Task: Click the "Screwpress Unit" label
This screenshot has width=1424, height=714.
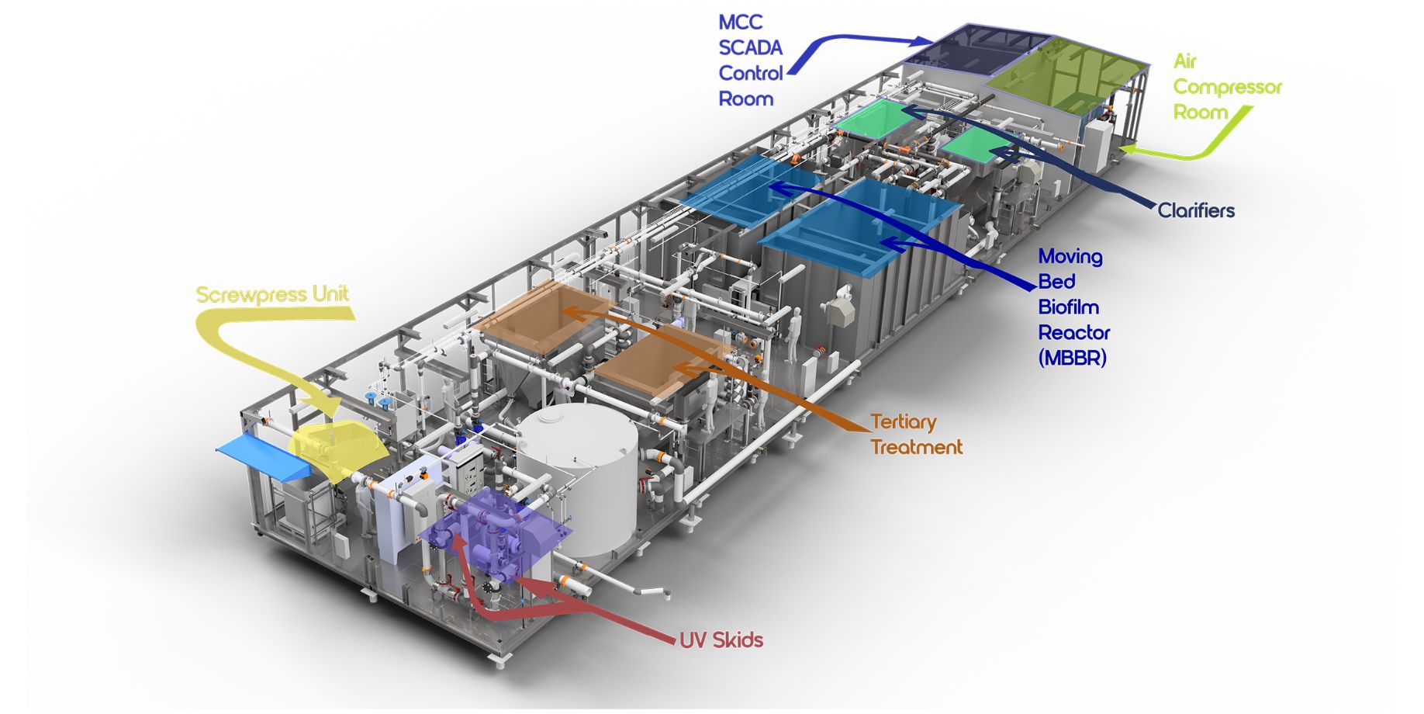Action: (x=272, y=295)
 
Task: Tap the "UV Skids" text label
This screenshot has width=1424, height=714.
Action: (x=721, y=640)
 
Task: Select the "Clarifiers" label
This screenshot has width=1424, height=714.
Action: (x=1196, y=210)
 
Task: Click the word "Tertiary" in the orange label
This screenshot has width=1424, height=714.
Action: (x=904, y=422)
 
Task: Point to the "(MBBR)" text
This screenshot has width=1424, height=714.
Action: (x=1073, y=358)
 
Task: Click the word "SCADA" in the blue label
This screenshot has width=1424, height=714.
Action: (x=750, y=48)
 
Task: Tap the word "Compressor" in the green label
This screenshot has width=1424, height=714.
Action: (x=1228, y=87)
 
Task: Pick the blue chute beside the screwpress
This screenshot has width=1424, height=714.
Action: (x=264, y=454)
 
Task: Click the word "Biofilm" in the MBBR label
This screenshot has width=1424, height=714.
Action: (x=1068, y=307)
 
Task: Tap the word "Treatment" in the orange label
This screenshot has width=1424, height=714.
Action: (x=916, y=447)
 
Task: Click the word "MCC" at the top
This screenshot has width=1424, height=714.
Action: (x=741, y=23)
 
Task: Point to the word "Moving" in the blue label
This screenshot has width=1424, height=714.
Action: (x=1070, y=256)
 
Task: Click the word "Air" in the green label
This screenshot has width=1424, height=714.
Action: (x=1185, y=61)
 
